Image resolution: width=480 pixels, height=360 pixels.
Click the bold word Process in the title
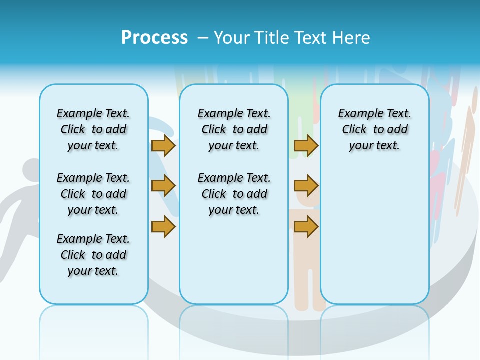[154, 37]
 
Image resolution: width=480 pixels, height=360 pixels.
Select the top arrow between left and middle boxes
[163, 145]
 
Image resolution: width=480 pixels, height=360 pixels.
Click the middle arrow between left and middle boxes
[163, 186]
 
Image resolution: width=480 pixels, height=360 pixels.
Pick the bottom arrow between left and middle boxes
[163, 227]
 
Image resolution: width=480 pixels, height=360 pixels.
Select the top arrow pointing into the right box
[306, 145]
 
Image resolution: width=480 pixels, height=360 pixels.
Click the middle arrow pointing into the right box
[306, 186]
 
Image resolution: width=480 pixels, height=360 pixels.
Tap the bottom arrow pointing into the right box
[306, 227]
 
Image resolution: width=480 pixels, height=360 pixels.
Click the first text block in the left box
[93, 129]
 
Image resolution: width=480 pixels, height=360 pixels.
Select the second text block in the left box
[93, 194]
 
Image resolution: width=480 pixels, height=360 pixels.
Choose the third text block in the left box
[93, 255]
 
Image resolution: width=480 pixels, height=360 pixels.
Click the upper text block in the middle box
[234, 129]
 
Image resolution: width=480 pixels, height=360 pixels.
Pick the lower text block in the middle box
[234, 194]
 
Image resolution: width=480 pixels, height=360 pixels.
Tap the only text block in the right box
[374, 129]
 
